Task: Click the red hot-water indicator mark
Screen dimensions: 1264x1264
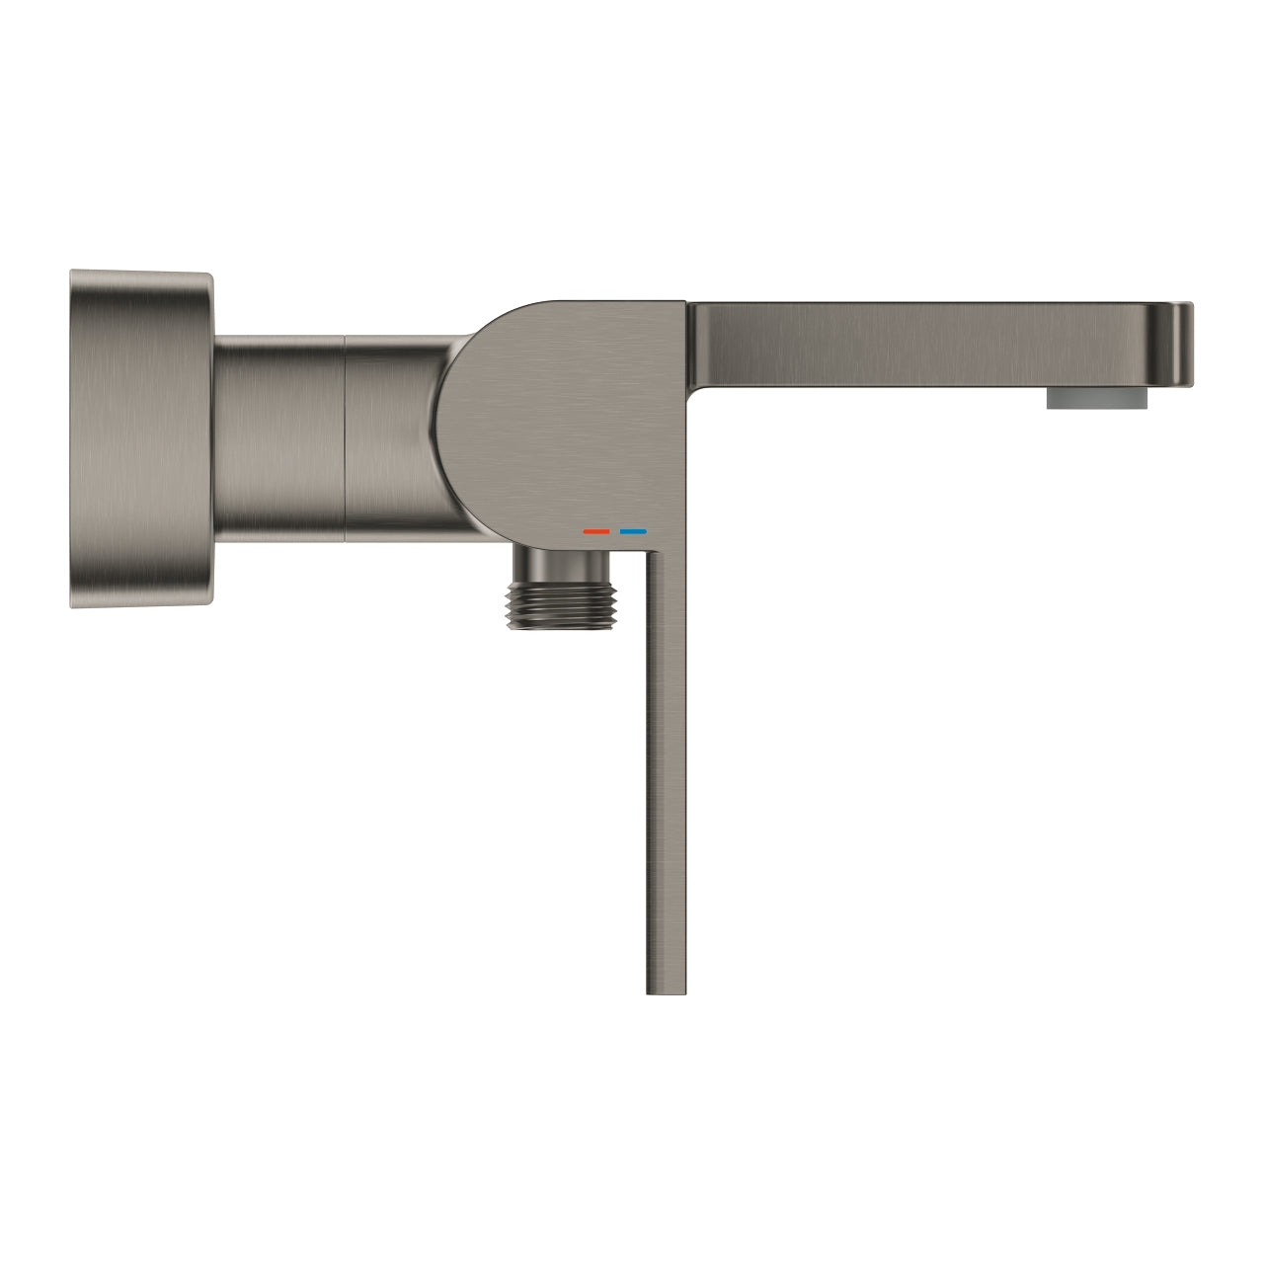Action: [x=596, y=531]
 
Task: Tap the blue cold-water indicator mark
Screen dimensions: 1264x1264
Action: [x=633, y=531]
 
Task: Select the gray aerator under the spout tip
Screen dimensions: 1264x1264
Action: [x=1098, y=398]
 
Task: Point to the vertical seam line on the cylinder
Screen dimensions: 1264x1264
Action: [x=345, y=437]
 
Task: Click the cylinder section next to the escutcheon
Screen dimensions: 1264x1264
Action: [x=279, y=437]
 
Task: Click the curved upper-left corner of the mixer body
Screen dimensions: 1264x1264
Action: [x=474, y=336]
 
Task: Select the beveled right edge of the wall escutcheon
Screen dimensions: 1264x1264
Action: [x=206, y=437]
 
